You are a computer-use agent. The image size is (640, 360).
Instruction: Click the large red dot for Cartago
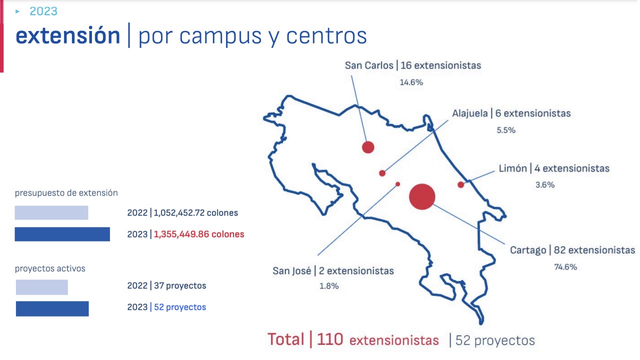(x=422, y=197)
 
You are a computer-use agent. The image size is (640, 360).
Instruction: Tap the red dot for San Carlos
(x=368, y=147)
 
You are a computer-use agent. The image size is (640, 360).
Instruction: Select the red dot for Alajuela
(x=382, y=173)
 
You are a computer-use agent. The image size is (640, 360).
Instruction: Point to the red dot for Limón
(x=461, y=185)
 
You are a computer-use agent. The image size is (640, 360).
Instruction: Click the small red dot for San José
(x=397, y=184)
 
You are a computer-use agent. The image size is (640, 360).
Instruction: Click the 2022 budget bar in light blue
(x=51, y=213)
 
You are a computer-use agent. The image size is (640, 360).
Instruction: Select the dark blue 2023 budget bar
(x=62, y=234)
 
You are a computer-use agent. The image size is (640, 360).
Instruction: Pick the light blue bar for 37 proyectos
(x=42, y=287)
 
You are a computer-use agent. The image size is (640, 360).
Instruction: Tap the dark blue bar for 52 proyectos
(x=52, y=309)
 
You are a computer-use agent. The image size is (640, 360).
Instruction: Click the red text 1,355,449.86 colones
(x=199, y=234)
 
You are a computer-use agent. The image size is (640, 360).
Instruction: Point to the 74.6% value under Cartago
(x=565, y=267)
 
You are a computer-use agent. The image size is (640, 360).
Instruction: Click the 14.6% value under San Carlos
(x=411, y=82)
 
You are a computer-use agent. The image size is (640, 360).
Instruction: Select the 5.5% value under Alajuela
(x=506, y=130)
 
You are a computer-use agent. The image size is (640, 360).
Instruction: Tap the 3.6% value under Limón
(x=545, y=185)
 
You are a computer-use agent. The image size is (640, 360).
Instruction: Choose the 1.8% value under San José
(x=329, y=286)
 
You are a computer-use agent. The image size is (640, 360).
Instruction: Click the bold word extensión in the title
(x=67, y=35)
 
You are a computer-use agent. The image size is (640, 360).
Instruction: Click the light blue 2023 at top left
(x=43, y=11)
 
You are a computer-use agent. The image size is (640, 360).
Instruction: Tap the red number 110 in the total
(x=330, y=339)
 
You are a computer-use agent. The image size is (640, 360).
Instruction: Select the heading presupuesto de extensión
(x=66, y=193)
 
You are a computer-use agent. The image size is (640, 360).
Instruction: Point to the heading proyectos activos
(x=50, y=268)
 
